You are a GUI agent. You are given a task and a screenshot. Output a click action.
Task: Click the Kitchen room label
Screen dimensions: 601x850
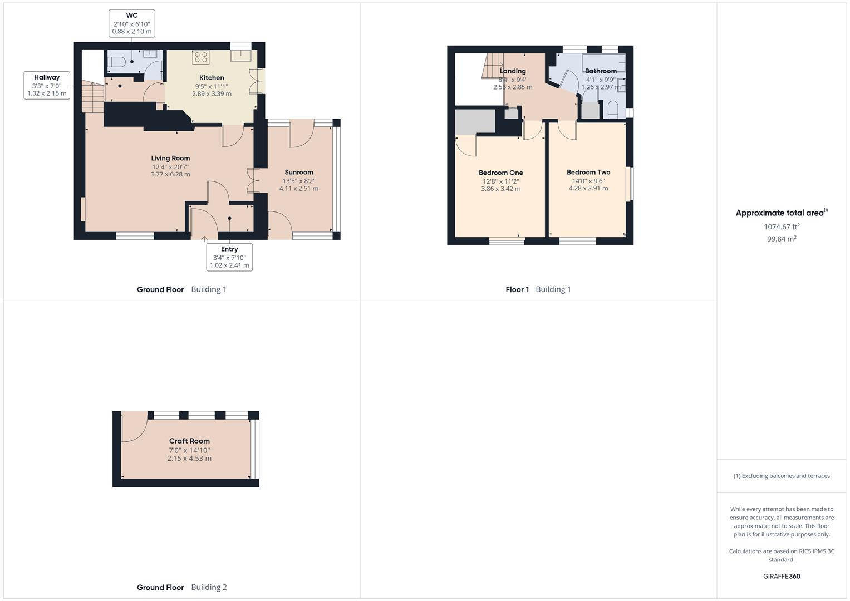tap(212, 78)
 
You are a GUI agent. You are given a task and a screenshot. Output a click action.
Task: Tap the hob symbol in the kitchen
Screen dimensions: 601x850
tap(200, 57)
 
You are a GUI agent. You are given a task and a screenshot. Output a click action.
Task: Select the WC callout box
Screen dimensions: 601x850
tap(132, 23)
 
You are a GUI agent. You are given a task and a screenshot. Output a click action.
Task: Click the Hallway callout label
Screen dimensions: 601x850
tap(47, 85)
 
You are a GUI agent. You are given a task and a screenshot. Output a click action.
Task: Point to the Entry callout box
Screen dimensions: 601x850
tap(229, 257)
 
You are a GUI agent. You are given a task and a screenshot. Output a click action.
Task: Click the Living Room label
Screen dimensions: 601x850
tap(170, 159)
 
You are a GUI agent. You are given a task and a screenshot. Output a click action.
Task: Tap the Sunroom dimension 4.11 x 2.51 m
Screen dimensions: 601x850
tap(299, 189)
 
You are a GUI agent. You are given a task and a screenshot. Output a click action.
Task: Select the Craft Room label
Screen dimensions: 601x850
tap(189, 441)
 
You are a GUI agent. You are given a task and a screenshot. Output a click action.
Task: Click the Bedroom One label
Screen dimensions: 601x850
tap(501, 173)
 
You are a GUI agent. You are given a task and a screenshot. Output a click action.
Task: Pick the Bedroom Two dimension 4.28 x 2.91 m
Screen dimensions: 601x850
tap(588, 189)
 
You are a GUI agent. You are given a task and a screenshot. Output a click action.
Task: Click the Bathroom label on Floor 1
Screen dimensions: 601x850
tap(601, 71)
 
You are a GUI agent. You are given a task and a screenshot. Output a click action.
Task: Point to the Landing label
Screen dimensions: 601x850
tap(513, 71)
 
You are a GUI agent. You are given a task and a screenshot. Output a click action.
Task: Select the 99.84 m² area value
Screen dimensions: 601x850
tap(782, 239)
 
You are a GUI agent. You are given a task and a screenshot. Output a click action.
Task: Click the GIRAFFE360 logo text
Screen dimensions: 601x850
tap(782, 577)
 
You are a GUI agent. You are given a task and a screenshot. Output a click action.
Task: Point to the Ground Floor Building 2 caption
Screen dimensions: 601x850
tap(182, 587)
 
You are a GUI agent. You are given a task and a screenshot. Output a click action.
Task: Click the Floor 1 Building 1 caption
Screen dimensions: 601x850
tap(538, 289)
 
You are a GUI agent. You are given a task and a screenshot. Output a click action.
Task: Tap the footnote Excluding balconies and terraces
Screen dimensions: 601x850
tap(782, 476)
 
